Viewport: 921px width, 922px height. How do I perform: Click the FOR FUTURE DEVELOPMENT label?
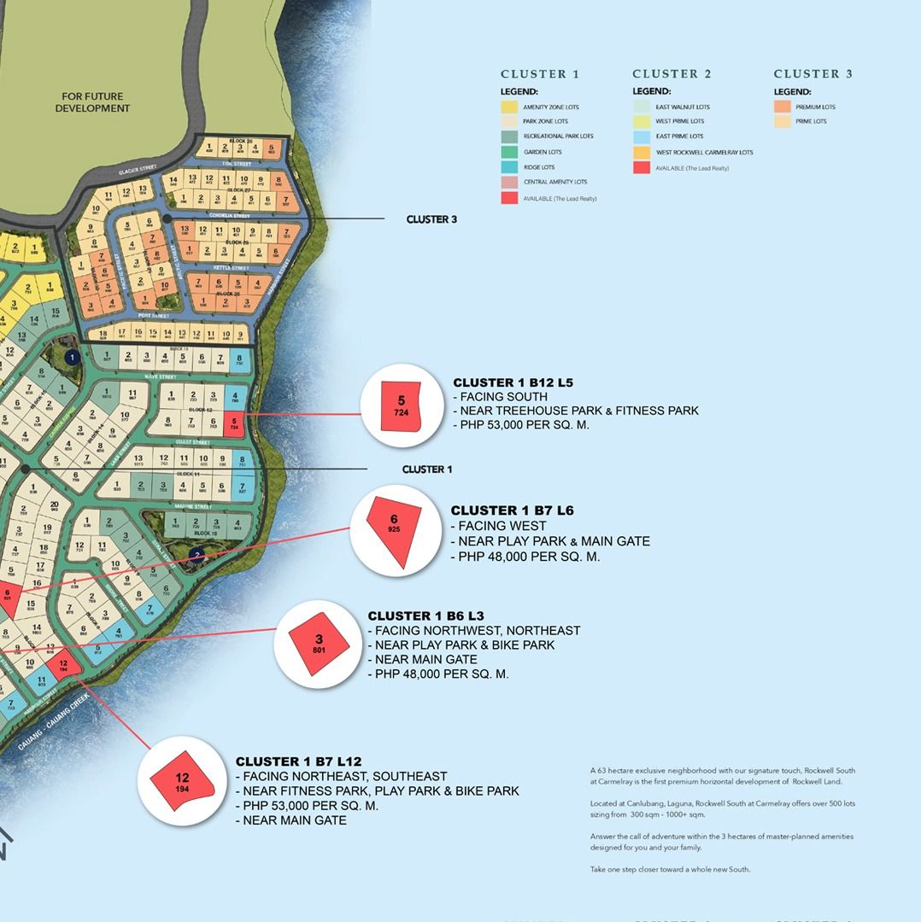coord(92,102)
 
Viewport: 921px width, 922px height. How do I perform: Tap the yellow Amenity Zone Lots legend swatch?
coord(509,108)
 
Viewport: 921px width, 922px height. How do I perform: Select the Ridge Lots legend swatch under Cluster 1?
coord(509,167)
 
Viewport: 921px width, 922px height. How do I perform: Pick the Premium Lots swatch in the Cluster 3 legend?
coord(783,108)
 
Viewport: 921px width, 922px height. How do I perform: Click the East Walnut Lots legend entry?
coord(682,108)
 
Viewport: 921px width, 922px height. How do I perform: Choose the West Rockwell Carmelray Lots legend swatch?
coord(641,153)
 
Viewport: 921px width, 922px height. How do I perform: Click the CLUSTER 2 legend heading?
coord(672,74)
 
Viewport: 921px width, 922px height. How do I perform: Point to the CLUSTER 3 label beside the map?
coord(431,219)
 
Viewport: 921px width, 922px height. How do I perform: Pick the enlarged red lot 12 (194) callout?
coord(182,781)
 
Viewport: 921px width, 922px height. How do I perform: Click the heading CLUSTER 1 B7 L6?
coord(512,511)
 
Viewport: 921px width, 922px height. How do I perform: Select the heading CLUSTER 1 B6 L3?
coord(425,616)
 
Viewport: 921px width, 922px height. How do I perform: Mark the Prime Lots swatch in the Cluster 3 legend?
coord(783,122)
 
